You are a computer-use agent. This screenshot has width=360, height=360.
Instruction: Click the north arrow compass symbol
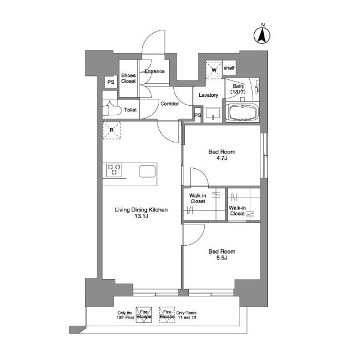[x=262, y=35]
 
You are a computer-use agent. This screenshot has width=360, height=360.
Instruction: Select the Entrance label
[x=154, y=71]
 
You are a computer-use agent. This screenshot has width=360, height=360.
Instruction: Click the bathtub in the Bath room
[x=241, y=112]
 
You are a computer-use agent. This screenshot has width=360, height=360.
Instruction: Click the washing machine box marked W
[x=213, y=70]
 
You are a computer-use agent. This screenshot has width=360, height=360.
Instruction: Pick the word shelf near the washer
[x=229, y=68]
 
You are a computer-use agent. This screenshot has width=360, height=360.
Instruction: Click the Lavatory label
[x=208, y=95]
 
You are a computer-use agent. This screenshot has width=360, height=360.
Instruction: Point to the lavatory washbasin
[x=213, y=115]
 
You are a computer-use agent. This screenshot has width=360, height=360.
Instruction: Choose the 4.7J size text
[x=222, y=159]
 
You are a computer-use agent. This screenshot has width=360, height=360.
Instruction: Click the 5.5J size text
[x=222, y=259]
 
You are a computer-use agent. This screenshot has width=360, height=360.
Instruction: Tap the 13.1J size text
[x=141, y=217]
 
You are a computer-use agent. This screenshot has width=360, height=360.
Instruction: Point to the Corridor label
[x=169, y=104]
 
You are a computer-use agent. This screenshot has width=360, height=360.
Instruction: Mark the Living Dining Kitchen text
[x=141, y=210]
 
